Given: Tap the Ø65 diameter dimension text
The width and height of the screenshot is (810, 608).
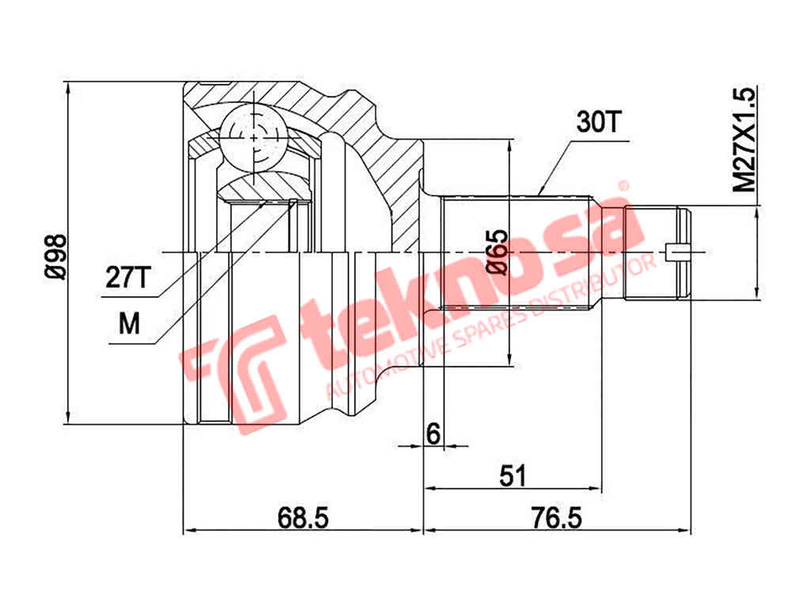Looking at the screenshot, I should (497, 253).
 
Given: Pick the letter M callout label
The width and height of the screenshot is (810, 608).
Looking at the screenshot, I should (128, 324).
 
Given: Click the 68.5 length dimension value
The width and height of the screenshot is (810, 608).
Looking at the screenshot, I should (302, 518).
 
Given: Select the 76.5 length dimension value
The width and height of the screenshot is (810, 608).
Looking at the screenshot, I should (557, 518).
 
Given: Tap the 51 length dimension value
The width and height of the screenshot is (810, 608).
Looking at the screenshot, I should (513, 475).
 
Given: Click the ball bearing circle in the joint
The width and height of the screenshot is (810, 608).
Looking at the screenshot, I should (253, 136).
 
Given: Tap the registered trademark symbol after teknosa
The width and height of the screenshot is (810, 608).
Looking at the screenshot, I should (623, 186).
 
